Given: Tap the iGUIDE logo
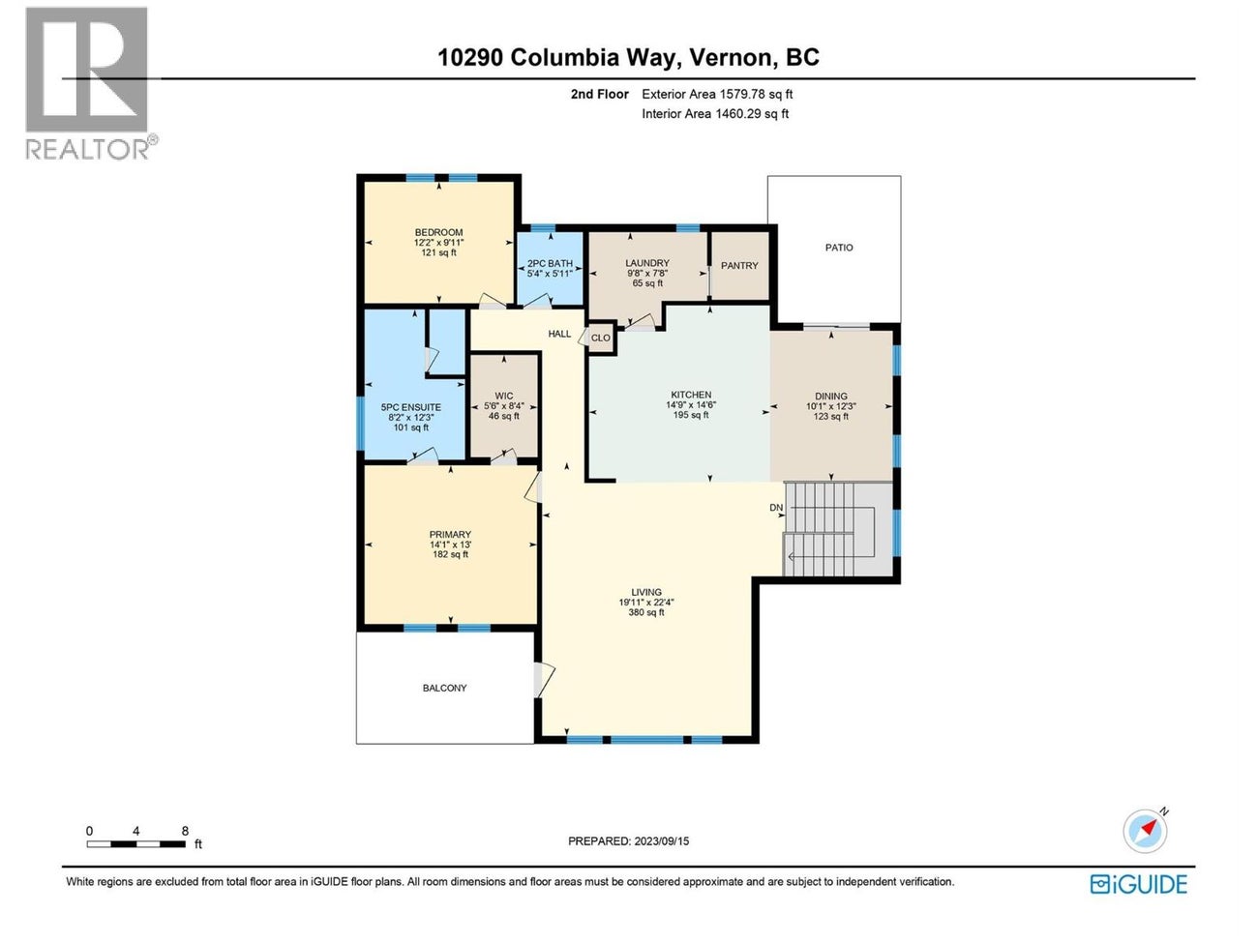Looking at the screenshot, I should tap(1138, 883).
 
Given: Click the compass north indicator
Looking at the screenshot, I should tap(1146, 830).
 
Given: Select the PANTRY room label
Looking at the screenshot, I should tap(739, 266).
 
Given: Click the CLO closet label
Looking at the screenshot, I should tap(600, 339).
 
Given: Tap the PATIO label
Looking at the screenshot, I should tap(839, 248).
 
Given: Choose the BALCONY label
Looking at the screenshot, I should tap(444, 689).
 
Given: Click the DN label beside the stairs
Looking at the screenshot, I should tap(775, 508).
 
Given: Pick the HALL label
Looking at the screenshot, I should tap(559, 334).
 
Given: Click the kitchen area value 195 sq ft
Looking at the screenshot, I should tap(691, 415).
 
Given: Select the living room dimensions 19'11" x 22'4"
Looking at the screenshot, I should tap(646, 603).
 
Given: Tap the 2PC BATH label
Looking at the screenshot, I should tap(550, 263).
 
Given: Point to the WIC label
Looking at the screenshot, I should tap(504, 396).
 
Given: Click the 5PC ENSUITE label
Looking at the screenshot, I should tap(411, 407).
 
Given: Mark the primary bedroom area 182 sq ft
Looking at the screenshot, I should tap(450, 555).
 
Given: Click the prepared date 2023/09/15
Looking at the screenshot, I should tap(661, 841).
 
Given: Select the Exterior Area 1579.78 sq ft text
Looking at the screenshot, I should tap(717, 94).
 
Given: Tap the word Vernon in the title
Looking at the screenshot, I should tap(732, 57).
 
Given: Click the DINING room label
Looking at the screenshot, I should tap(830, 396).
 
